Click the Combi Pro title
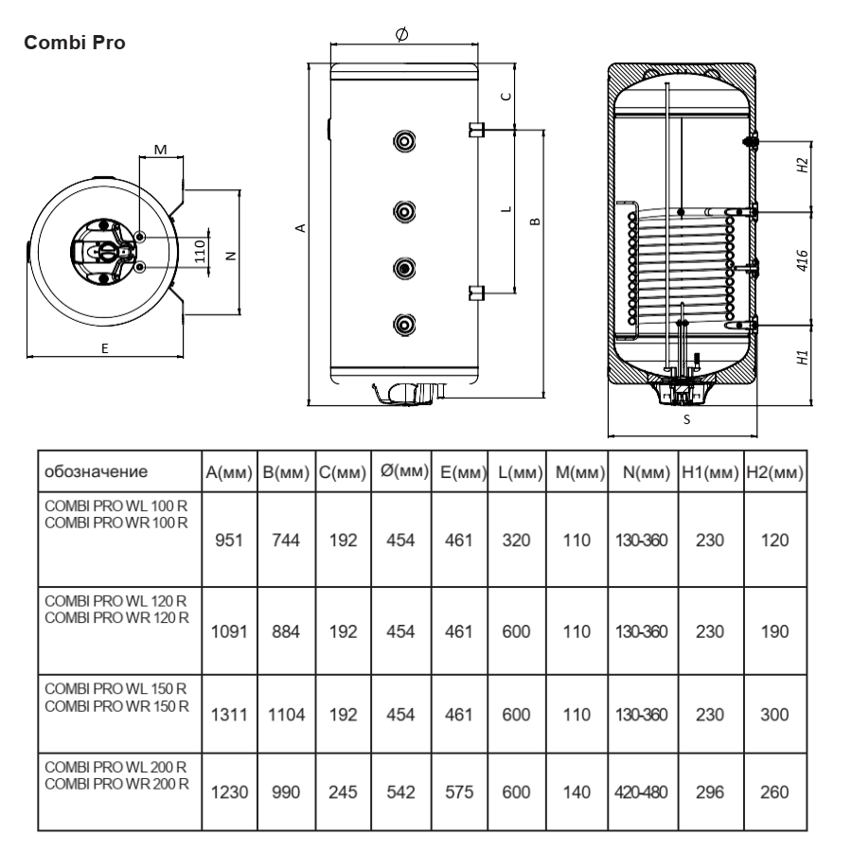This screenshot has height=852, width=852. [x=75, y=43]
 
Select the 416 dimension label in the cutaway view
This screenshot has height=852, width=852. [x=802, y=261]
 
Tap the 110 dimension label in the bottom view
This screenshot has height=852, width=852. [x=200, y=252]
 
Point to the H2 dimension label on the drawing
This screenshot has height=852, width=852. [x=803, y=165]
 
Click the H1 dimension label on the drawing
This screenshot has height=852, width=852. [x=803, y=358]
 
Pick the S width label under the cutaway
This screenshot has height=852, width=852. [x=687, y=419]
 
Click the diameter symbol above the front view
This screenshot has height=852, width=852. [x=401, y=34]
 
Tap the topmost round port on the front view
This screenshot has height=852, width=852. [x=404, y=141]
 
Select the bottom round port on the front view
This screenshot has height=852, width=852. [x=404, y=325]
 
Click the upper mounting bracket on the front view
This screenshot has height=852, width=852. [x=476, y=130]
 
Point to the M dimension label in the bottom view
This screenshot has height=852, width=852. [x=160, y=150]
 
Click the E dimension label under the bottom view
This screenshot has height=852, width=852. [x=105, y=348]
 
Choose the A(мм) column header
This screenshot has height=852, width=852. [x=229, y=472]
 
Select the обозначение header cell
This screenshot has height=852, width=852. [x=97, y=471]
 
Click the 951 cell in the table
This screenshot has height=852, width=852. [x=229, y=541]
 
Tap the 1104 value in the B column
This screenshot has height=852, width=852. [x=286, y=715]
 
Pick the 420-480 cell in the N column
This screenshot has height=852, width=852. [x=641, y=792]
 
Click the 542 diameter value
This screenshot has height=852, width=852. [x=400, y=792]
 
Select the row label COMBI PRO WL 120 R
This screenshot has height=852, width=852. [x=115, y=601]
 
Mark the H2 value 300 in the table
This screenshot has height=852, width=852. [x=774, y=715]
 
